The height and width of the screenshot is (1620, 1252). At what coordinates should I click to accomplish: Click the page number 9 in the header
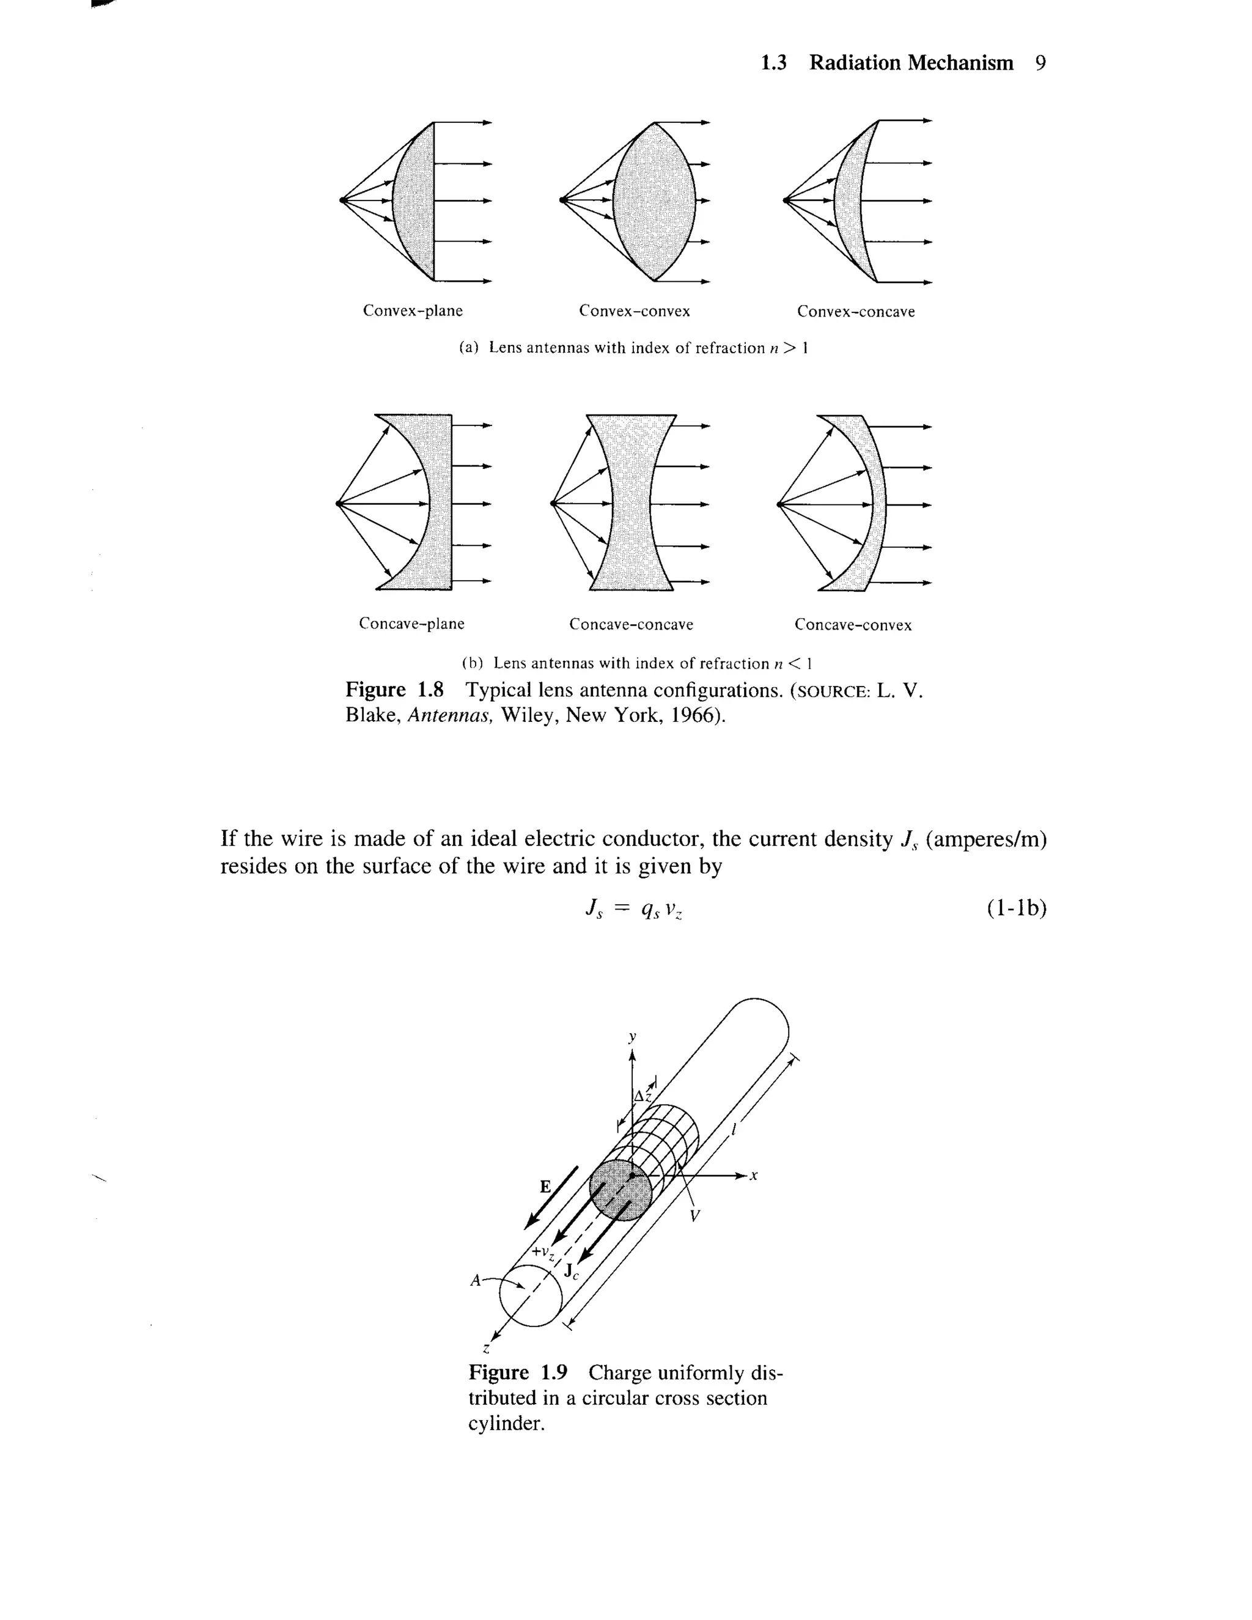tap(1040, 63)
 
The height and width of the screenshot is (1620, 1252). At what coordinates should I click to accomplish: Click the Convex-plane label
tap(413, 311)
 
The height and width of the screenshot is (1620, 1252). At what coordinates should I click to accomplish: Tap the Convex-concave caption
tap(855, 312)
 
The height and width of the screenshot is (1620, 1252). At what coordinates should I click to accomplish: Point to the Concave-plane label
tap(411, 624)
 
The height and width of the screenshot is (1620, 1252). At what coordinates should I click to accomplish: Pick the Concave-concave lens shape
tap(631, 503)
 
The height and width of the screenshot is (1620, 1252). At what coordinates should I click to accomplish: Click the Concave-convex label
tap(853, 625)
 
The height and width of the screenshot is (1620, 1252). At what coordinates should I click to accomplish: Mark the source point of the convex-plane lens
tap(342, 201)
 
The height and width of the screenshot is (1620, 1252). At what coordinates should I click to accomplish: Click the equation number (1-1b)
tap(1016, 908)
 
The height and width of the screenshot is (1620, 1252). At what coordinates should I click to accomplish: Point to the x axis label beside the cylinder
tap(754, 1175)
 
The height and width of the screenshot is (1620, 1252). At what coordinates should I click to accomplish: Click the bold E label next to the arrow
tap(545, 1186)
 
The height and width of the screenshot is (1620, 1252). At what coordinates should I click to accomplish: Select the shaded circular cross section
tap(620, 1190)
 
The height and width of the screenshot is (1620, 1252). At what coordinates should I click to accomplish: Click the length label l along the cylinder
tap(733, 1130)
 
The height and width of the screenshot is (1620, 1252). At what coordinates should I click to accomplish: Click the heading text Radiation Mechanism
tap(910, 63)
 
